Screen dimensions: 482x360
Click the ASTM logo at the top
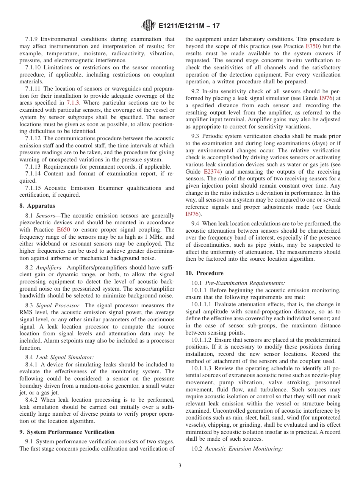click(148, 25)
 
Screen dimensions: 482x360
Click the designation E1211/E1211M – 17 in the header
click(189, 26)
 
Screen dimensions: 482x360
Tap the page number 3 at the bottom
click(180, 466)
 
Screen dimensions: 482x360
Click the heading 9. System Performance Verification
click(67, 432)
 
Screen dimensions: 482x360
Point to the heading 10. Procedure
click(204, 273)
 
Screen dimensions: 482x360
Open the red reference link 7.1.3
click(73, 103)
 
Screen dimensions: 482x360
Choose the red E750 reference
click(313, 46)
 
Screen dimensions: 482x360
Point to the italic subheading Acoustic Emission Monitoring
click(244, 449)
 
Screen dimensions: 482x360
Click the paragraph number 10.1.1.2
click(203, 340)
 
